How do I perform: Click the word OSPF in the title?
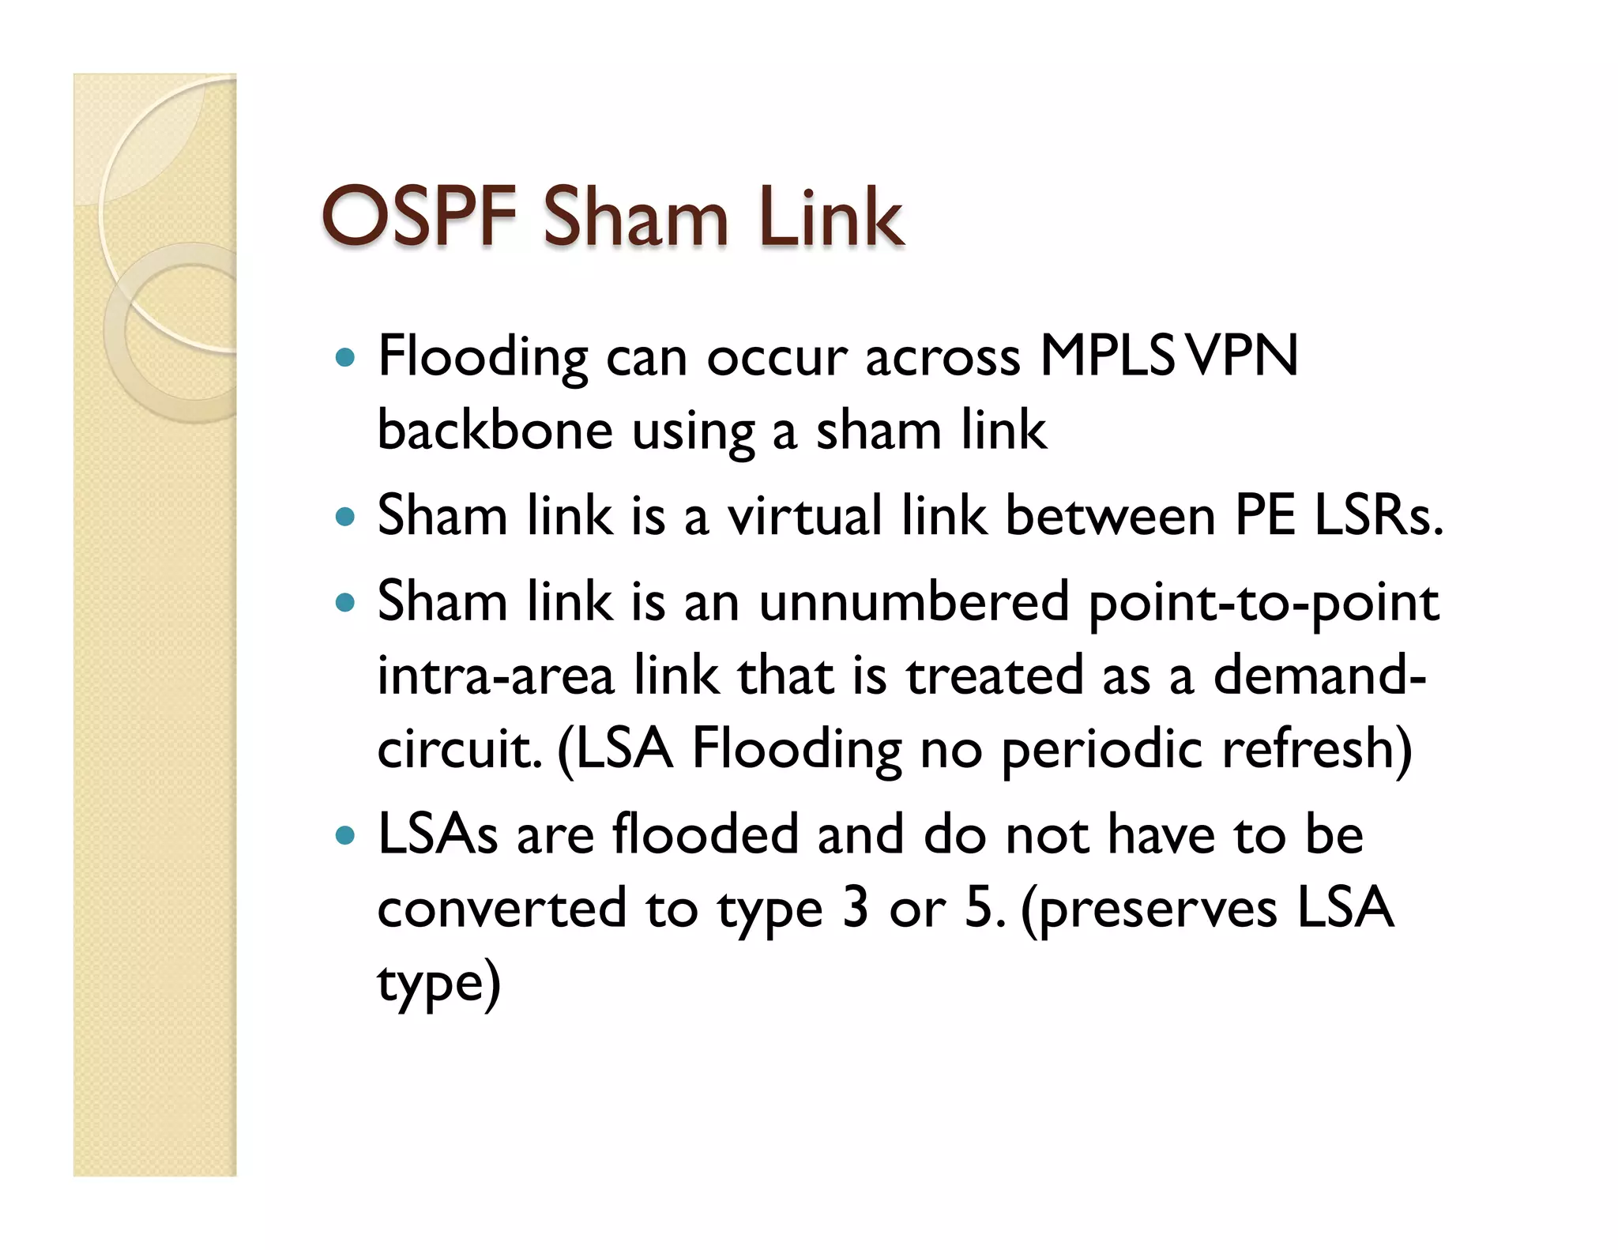click(x=419, y=216)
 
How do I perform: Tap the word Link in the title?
click(x=830, y=216)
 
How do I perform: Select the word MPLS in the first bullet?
click(x=1106, y=356)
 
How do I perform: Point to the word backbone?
click(x=495, y=431)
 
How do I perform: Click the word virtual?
click(x=804, y=516)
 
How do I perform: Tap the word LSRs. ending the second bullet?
click(x=1378, y=516)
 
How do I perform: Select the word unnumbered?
click(x=913, y=602)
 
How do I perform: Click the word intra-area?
click(x=495, y=676)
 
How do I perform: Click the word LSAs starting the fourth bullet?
click(x=438, y=834)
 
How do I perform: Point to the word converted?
click(x=502, y=909)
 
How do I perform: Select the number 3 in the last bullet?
click(x=855, y=909)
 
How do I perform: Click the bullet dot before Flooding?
click(x=344, y=358)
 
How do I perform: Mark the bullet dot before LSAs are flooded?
click(x=344, y=835)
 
